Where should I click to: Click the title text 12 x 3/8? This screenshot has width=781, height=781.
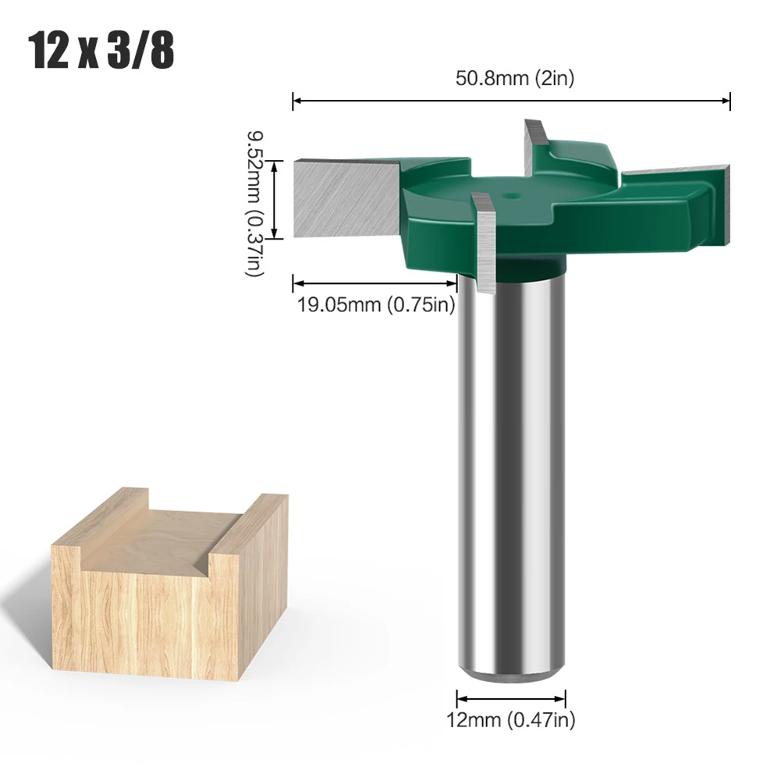(101, 51)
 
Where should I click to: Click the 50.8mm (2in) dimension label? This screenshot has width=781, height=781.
(514, 79)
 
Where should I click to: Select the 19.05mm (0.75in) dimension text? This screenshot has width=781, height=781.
(375, 304)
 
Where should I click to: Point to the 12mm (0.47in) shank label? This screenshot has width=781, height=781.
(512, 720)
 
